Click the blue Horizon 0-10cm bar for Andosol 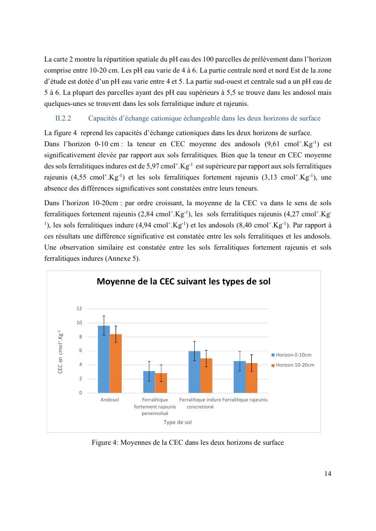pyautogui.click(x=103, y=359)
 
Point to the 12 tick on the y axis pyautogui.click(x=79, y=309)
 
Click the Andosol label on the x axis pyautogui.click(x=110, y=400)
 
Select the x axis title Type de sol pyautogui.click(x=177, y=422)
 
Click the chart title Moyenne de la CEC pyautogui.click(x=183, y=282)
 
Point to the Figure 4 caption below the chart pyautogui.click(x=188, y=443)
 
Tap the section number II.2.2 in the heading pyautogui.click(x=64, y=119)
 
